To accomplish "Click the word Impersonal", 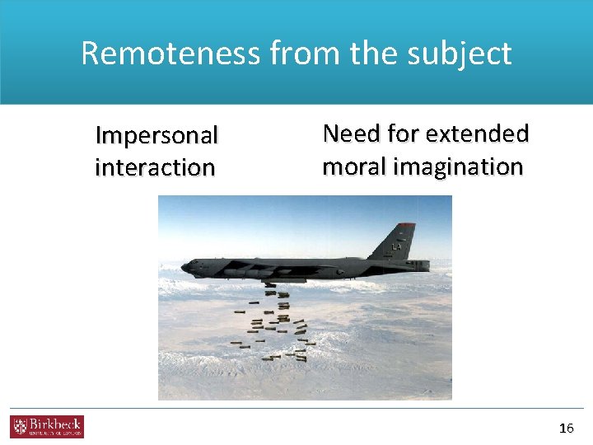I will (156, 134).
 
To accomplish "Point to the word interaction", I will (155, 167).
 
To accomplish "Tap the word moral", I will (355, 166).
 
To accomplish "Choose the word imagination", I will (459, 167).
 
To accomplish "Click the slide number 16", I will (566, 428).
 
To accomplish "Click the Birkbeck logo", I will (47, 427).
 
